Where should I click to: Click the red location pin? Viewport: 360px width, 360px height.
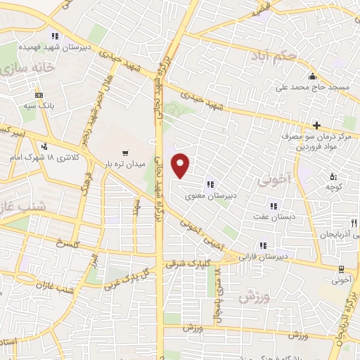(x=181, y=165)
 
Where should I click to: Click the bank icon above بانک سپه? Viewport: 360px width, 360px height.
(x=39, y=95)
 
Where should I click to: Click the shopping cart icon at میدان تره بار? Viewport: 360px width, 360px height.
(x=125, y=152)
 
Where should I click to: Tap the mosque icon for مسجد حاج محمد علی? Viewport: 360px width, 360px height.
(x=311, y=77)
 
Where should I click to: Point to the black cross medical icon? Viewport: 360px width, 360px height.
(x=317, y=124)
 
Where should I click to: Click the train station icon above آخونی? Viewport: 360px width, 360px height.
(x=341, y=269)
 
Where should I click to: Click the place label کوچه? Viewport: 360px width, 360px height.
(x=333, y=187)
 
